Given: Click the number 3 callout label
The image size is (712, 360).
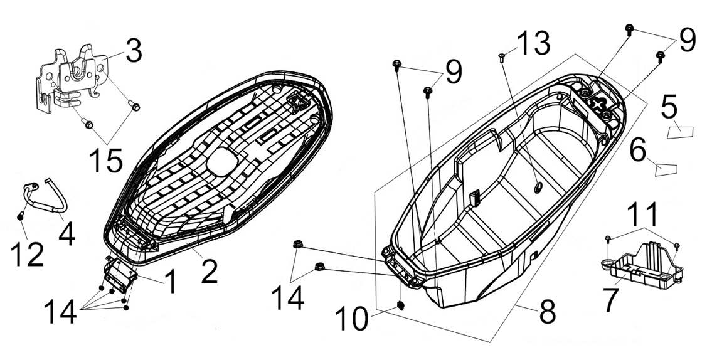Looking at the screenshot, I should coord(134,52).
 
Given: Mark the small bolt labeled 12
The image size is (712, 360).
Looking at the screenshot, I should coord(21,216).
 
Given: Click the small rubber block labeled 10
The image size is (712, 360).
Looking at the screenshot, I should coord(402,305).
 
